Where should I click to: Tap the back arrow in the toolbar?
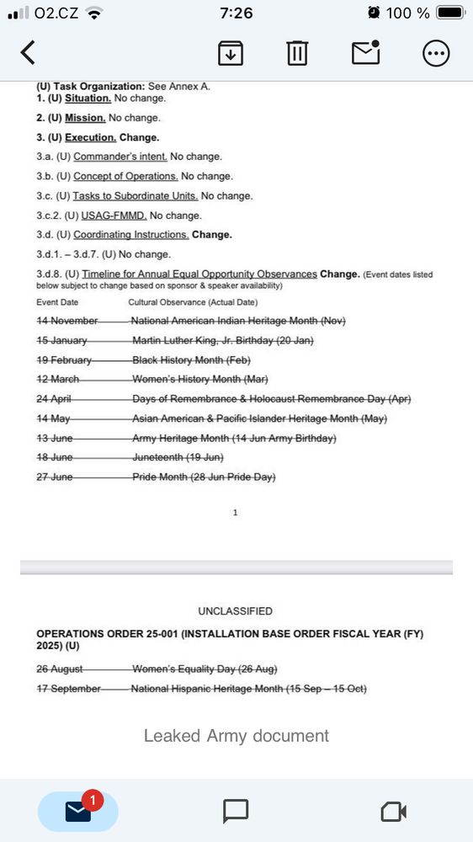click(x=28, y=52)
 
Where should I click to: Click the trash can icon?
click(x=296, y=53)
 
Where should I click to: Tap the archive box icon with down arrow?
click(x=231, y=53)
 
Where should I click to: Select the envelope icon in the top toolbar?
click(x=365, y=52)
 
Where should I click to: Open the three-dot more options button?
click(x=435, y=53)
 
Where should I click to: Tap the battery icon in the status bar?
click(x=450, y=13)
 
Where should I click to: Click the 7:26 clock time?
click(x=236, y=13)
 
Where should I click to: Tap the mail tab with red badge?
click(x=78, y=811)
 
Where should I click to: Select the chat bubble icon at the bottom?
click(x=236, y=811)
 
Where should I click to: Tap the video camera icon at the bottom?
click(x=393, y=811)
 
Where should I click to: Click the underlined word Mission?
click(x=85, y=118)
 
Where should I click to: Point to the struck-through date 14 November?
click(x=67, y=320)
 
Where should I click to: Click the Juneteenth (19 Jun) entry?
click(x=178, y=457)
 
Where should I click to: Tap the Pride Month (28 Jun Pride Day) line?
click(x=204, y=477)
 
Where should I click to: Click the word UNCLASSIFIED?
click(x=236, y=611)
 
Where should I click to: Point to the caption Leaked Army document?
click(x=236, y=736)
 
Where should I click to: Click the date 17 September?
click(x=68, y=689)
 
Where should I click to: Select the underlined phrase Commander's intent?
click(x=120, y=157)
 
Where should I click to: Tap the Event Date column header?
click(x=57, y=302)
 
